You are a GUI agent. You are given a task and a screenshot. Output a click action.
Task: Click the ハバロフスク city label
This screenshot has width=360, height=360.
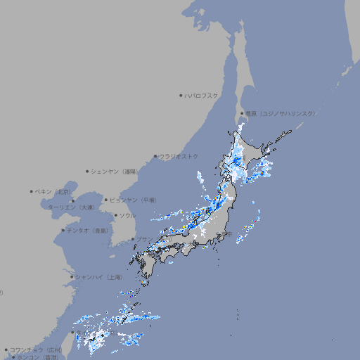(x=202, y=95)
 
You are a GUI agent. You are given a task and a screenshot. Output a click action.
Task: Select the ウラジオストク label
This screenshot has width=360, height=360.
(x=179, y=156)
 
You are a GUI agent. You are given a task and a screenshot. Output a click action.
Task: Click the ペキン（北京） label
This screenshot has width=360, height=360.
(x=53, y=191)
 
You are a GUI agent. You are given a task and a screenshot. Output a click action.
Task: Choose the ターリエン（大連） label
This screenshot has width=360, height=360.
(x=71, y=207)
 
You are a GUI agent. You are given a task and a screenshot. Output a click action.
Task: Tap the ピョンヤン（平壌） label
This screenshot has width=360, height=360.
(x=133, y=200)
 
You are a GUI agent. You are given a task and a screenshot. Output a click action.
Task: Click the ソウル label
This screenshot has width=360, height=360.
(x=127, y=215)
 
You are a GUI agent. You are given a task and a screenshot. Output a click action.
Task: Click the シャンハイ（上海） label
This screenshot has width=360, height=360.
(x=98, y=277)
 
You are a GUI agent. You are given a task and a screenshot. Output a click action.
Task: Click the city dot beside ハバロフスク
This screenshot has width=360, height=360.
(x=181, y=95)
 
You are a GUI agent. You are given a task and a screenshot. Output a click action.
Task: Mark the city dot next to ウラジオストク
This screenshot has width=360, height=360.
(x=155, y=156)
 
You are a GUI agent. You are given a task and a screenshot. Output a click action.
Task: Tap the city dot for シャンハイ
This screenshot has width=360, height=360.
(x=71, y=277)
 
